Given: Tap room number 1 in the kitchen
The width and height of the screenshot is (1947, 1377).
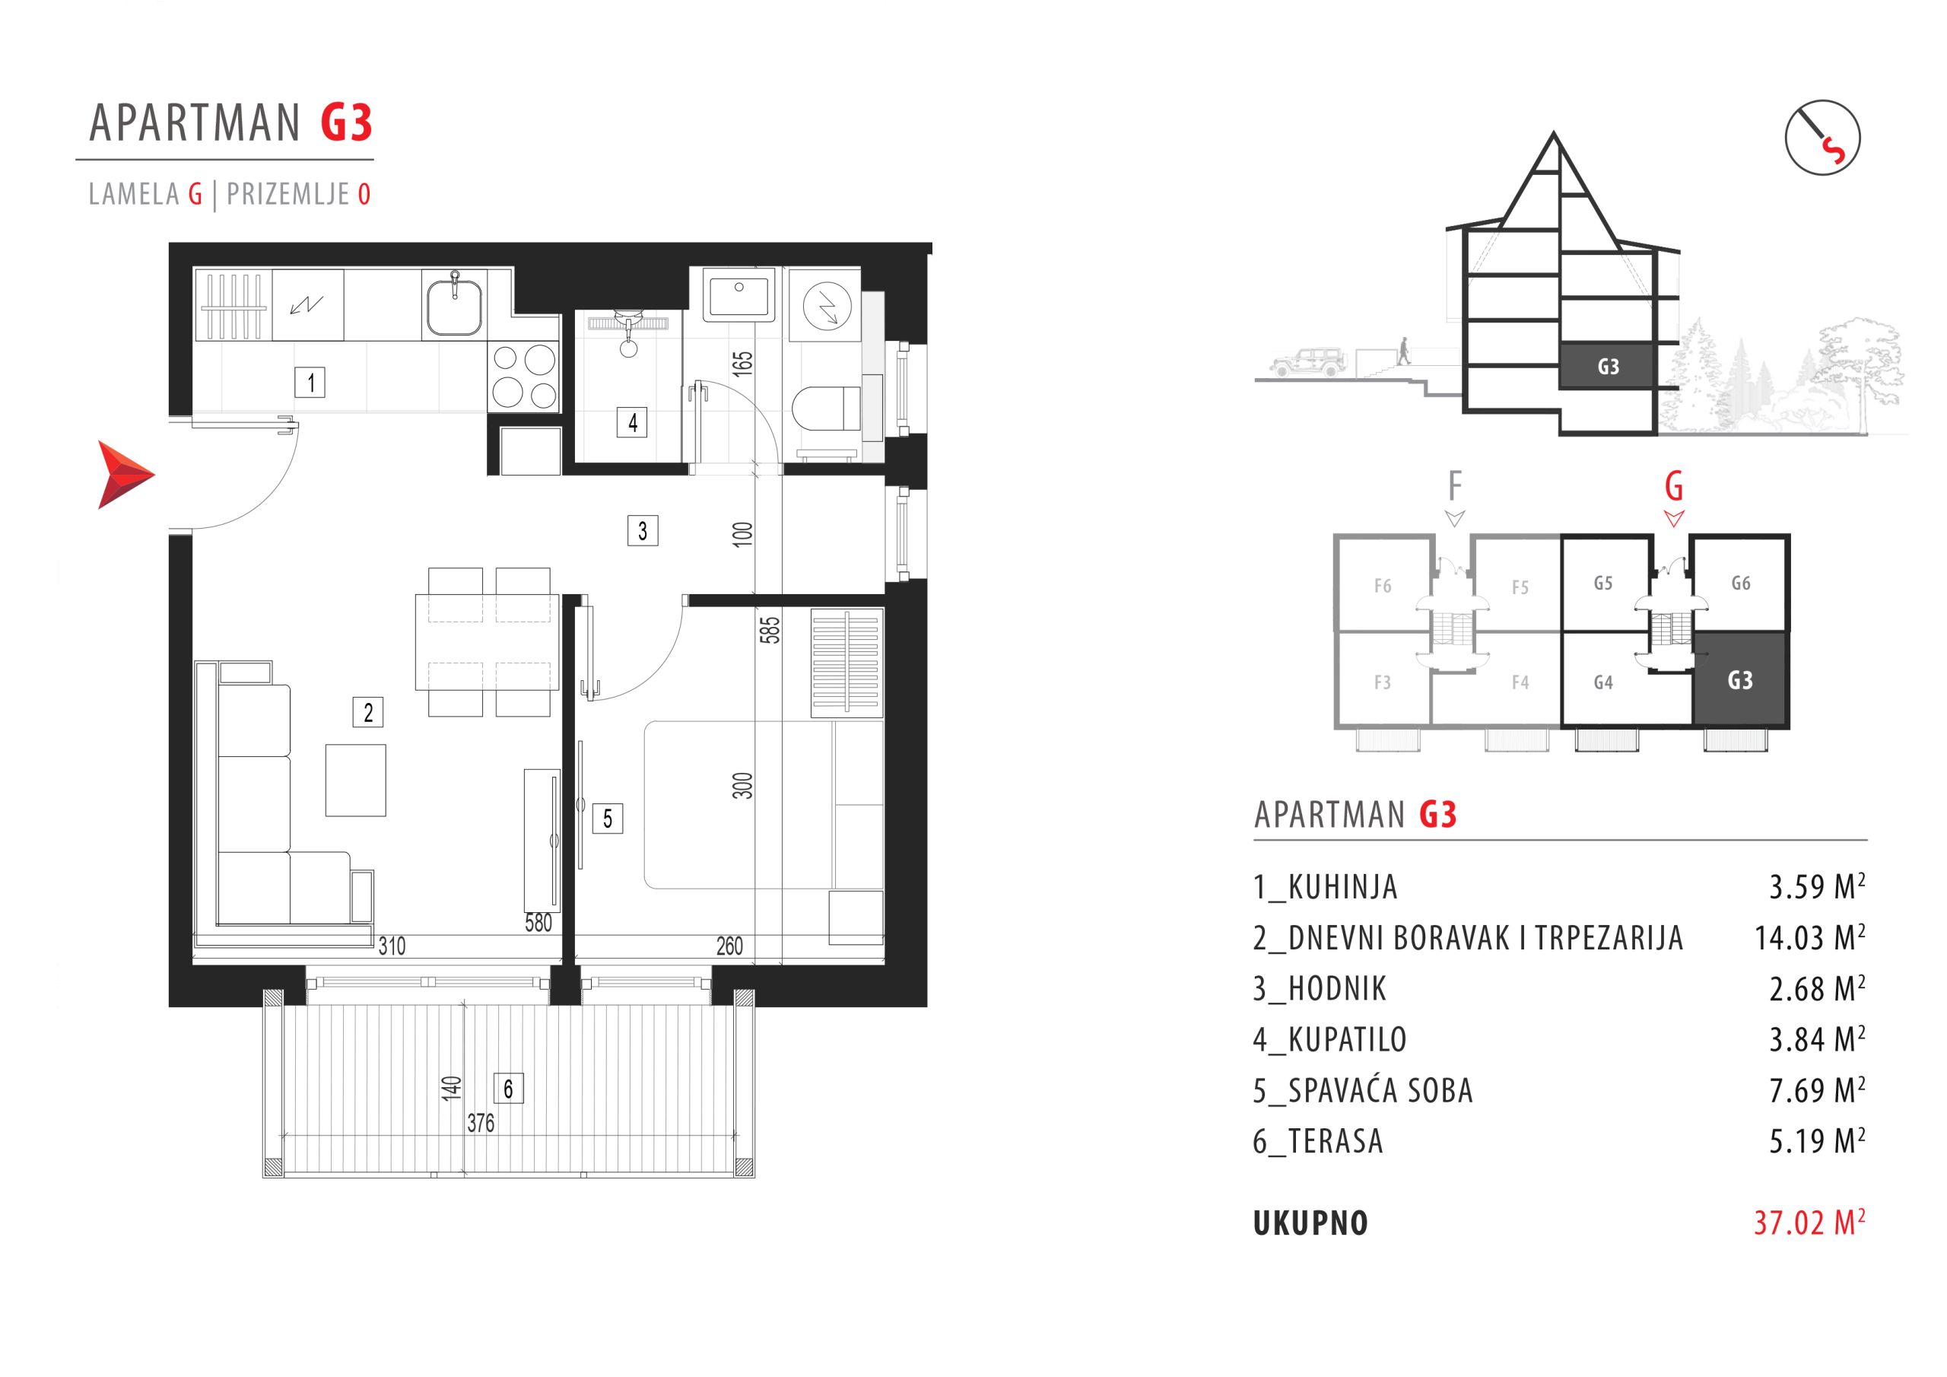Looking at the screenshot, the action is click(310, 383).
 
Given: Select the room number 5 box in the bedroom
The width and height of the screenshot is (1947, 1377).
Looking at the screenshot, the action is click(607, 819).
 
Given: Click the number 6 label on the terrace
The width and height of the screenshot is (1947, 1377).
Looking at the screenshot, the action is click(508, 1089).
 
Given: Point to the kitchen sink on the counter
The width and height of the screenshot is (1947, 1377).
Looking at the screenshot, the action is click(455, 307).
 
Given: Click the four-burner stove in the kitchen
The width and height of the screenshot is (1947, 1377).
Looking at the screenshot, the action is click(525, 377).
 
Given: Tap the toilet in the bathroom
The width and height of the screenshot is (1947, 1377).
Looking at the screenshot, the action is click(827, 407).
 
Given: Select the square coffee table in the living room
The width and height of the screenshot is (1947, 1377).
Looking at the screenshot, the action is click(355, 781).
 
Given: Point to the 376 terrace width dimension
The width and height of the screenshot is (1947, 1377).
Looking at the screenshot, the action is click(480, 1124).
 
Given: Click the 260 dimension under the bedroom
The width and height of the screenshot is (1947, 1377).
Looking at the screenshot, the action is click(729, 945).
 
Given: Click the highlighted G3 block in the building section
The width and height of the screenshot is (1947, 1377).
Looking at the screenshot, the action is click(1607, 367).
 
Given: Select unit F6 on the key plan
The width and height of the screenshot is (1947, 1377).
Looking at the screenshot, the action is click(1382, 586).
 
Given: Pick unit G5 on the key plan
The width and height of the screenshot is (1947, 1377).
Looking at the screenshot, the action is click(1602, 583).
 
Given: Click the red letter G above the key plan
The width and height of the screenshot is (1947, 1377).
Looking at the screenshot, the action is click(1674, 487).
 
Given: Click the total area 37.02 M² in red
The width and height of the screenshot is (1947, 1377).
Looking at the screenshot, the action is click(1809, 1223).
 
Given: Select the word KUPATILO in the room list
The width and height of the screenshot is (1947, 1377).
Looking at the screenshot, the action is click(1348, 1039).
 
